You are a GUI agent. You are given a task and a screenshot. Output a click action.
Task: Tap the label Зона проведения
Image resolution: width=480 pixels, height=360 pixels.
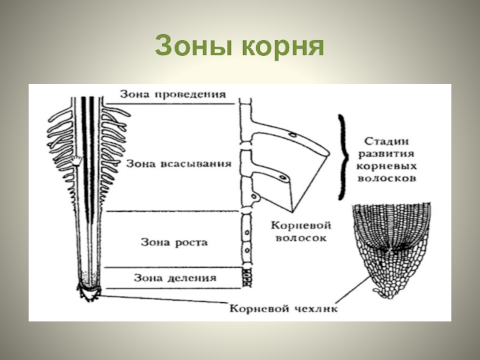[x=172, y=94]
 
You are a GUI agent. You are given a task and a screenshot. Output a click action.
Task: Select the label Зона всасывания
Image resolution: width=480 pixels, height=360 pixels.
[x=179, y=163]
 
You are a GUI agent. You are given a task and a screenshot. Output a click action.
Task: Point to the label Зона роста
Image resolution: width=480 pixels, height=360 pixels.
[x=174, y=242]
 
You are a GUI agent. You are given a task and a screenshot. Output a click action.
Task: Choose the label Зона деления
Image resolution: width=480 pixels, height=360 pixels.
[x=175, y=278]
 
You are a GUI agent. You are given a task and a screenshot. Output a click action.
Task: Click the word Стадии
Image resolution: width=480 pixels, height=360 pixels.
[x=387, y=142]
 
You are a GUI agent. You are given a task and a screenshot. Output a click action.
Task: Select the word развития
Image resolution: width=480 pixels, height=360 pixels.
[x=387, y=154]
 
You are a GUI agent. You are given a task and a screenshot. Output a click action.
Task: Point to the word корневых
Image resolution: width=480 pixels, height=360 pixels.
[x=387, y=166]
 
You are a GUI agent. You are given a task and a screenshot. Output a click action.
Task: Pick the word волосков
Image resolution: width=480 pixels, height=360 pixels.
[x=387, y=179]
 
